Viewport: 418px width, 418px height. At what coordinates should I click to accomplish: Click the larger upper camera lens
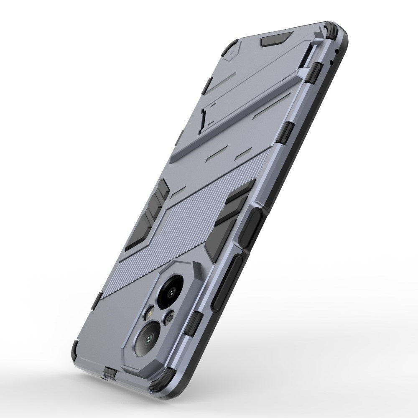coord(173,289)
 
